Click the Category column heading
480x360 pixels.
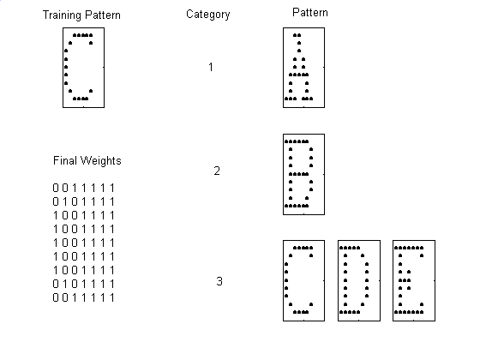click(207, 15)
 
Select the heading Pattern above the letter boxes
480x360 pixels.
click(310, 13)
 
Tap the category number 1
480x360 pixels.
click(211, 67)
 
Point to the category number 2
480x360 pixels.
click(217, 171)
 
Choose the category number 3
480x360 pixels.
click(219, 281)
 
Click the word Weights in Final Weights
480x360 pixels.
click(101, 161)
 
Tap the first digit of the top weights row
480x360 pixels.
click(56, 188)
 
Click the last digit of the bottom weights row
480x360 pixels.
click(112, 297)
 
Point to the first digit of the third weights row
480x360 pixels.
click(56, 215)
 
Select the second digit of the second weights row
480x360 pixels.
click(65, 201)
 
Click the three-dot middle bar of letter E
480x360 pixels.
click(405, 280)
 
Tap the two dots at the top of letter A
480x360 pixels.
click(297, 35)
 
